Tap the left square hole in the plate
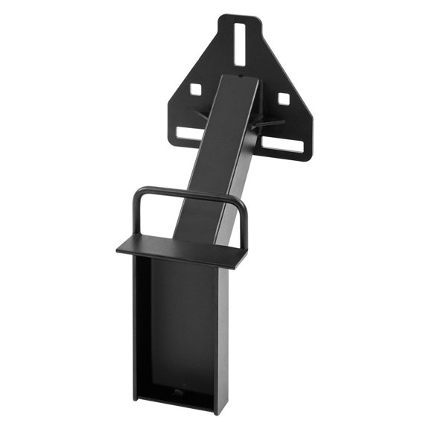[195, 89]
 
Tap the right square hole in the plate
[283, 98]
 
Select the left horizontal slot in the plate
[191, 133]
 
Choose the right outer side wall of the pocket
[223, 339]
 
